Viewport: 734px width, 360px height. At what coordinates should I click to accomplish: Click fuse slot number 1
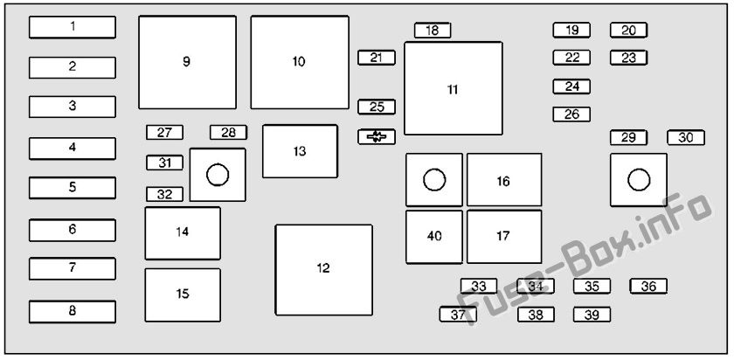coord(72,27)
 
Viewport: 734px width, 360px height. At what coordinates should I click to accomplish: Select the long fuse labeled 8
coord(72,311)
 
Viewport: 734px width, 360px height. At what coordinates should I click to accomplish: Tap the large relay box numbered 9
coord(187,62)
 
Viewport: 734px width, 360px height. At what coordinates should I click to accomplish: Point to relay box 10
coord(300,62)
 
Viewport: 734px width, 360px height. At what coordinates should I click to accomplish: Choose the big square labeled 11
coord(454,88)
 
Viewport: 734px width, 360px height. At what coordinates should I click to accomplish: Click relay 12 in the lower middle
coord(324,270)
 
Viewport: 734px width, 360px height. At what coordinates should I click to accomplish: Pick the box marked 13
coord(300,151)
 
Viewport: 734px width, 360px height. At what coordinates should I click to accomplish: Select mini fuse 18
coord(433,31)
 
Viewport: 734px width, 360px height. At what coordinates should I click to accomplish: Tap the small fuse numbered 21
coord(377,57)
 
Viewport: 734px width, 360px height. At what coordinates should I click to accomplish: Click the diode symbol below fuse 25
coord(377,136)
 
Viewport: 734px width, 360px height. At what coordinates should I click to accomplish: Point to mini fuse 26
coord(571,114)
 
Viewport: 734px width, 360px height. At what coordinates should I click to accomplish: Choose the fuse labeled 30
coord(686,138)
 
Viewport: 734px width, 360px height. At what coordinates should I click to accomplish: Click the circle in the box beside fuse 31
coord(218,175)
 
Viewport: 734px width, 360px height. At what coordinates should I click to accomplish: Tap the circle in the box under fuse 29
coord(639,180)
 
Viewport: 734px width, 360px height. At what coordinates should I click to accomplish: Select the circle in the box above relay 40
coord(434,180)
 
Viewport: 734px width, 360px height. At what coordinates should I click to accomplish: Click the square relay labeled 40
coord(434,237)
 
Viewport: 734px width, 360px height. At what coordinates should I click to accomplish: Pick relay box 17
coord(504,237)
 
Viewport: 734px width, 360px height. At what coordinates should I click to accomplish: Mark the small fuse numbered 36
coord(648,286)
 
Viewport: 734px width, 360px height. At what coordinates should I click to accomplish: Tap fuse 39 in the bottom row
coord(592,315)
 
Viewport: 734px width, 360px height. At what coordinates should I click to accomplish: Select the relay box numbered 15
coord(183,295)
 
